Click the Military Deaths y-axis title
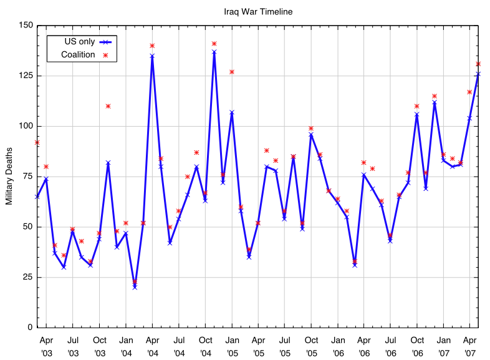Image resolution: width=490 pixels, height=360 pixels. (9, 177)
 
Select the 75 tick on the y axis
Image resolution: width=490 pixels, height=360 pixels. (27, 177)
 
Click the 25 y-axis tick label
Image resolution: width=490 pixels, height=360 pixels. (27, 277)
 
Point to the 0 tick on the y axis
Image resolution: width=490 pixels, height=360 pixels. (29, 328)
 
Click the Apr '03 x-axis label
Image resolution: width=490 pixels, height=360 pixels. (46, 347)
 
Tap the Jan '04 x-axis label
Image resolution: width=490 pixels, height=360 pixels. (126, 347)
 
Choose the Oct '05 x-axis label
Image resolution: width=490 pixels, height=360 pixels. (311, 347)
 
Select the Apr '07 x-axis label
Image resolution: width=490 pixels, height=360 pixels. (469, 347)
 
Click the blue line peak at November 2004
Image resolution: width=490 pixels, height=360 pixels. (214, 52)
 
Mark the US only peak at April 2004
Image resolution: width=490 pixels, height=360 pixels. (152, 56)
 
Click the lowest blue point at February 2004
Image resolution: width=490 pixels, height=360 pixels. (135, 287)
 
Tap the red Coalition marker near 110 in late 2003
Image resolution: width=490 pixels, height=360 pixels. (108, 106)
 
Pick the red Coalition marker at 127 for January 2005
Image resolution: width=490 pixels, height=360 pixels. (232, 72)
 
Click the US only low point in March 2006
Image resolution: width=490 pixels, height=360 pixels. (355, 265)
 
